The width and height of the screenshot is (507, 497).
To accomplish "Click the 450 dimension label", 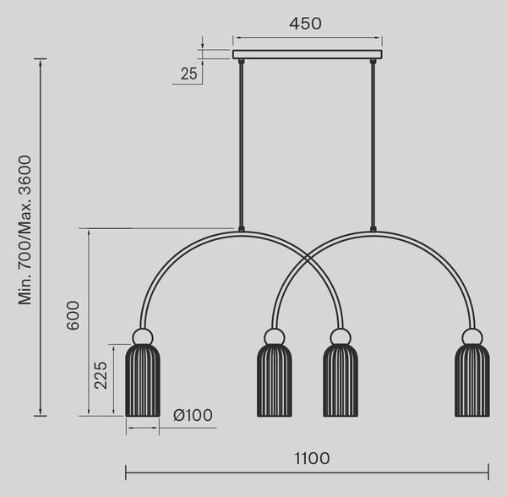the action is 305,24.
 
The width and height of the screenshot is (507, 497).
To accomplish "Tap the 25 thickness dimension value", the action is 188,74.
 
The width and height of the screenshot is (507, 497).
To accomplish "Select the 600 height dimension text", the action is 73,315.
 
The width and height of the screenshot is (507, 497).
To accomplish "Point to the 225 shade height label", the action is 101,375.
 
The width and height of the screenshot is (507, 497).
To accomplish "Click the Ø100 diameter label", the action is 193,415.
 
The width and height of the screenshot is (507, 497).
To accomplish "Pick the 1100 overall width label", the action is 312,458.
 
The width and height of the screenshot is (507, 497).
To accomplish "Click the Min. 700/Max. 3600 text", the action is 25,230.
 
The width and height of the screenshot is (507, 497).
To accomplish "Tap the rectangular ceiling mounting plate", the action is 308,54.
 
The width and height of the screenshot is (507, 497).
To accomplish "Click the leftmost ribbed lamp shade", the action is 143,380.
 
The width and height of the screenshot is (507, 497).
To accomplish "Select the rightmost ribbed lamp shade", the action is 472,380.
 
